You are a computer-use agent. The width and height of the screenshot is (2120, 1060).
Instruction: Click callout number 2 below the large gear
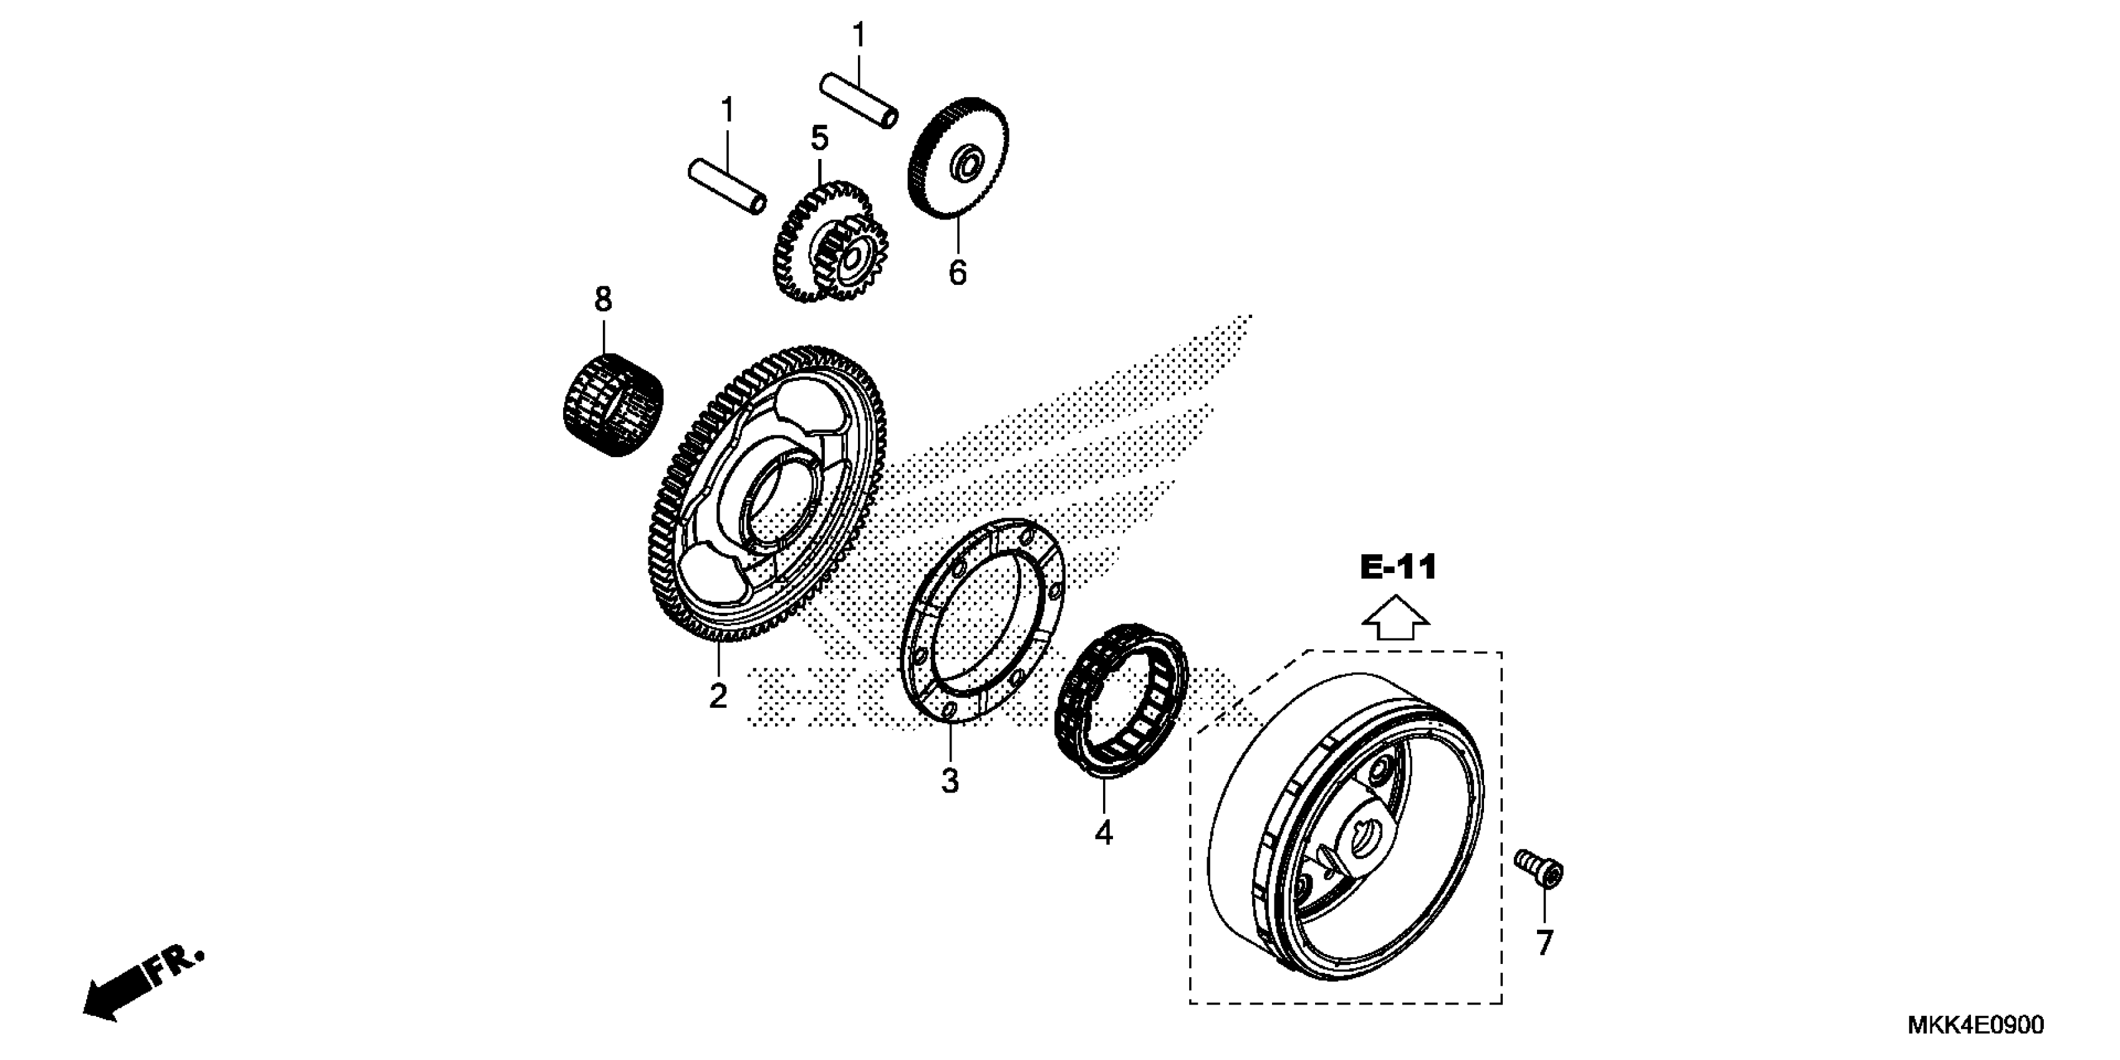pos(718,696)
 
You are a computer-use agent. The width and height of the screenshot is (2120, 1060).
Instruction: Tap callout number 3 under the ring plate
pos(950,780)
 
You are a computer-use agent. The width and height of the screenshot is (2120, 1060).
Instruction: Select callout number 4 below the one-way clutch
pos(1103,833)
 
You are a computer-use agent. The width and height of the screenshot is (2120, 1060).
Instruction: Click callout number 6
pos(957,272)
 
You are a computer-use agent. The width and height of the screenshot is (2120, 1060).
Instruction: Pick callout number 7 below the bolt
pos(1544,942)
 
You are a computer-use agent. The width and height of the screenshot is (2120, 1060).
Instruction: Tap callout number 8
pos(603,299)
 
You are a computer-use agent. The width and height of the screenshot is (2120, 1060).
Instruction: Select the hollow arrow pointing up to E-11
pos(1397,619)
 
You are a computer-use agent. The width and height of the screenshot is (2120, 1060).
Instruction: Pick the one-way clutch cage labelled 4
pos(1121,700)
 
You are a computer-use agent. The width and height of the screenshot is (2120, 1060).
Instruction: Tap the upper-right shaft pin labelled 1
pos(859,100)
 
